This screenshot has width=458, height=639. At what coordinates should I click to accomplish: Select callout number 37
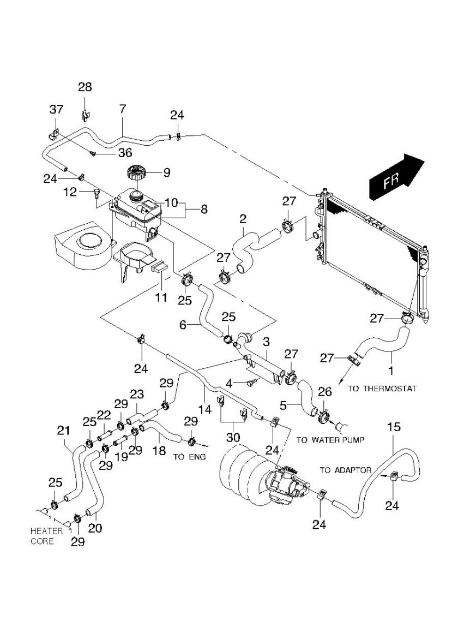coord(57,109)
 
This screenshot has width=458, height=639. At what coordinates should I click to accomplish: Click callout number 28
coord(85,87)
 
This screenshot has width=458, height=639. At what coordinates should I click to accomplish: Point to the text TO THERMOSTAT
coord(382,389)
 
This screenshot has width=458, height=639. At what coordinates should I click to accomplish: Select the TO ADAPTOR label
coord(346,470)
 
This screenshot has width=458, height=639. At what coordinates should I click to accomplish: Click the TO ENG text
coord(189,457)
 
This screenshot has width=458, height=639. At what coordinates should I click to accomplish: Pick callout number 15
coord(393,427)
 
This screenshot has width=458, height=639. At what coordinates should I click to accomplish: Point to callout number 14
coord(205,407)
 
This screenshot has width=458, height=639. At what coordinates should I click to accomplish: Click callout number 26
coord(324,392)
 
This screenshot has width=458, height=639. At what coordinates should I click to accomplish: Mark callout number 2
coord(243,219)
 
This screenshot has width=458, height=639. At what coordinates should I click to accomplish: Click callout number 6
coord(184,324)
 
